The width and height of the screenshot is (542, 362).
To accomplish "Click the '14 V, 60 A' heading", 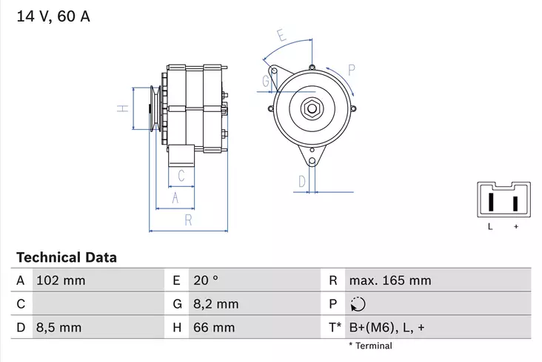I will [53, 16].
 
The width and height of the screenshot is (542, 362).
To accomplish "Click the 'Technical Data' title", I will [67, 258].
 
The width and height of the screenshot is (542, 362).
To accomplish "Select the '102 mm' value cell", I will [61, 280].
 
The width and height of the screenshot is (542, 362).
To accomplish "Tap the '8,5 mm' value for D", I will [59, 326].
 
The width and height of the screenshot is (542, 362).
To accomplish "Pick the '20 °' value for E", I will [205, 280].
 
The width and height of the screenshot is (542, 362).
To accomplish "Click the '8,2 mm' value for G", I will [215, 303].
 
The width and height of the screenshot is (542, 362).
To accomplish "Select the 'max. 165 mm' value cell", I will [389, 280].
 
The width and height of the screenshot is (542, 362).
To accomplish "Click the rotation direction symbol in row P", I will [357, 303].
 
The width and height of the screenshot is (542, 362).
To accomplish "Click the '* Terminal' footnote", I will [370, 346].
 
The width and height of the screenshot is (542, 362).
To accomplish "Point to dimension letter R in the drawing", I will [188, 220].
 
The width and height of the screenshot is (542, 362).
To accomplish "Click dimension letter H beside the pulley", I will [124, 108].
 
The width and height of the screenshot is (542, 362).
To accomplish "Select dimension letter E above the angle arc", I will [281, 34].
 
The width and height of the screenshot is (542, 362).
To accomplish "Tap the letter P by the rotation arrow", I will [352, 70].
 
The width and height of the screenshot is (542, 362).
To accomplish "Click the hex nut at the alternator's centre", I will [312, 108].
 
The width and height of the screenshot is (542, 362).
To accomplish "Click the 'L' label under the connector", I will [489, 226].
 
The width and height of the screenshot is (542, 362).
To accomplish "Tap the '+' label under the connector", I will [515, 226].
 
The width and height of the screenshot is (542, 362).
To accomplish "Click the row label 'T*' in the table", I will [334, 326].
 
